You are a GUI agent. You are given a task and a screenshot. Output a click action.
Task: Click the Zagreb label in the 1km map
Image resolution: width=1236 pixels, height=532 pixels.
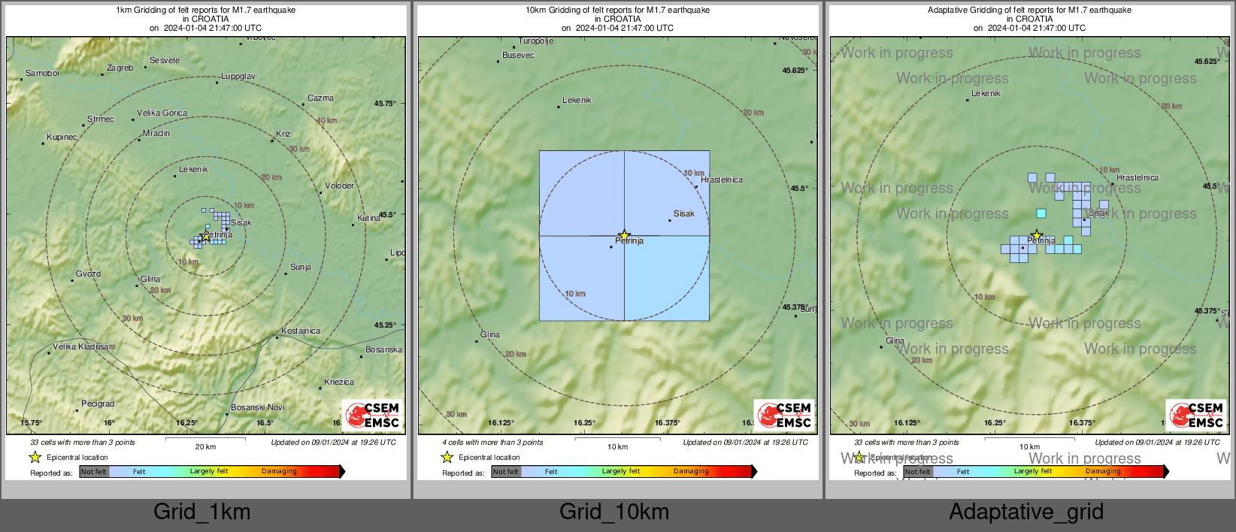(120, 68)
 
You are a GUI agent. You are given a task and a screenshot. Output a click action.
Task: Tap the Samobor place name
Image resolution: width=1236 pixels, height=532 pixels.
(43, 74)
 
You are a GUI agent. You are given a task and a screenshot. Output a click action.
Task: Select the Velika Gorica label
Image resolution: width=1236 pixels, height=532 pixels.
(162, 113)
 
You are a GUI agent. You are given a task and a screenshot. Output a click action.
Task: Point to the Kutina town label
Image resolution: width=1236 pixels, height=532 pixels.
(368, 219)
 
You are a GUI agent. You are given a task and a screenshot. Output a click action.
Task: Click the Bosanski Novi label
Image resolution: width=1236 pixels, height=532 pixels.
(257, 407)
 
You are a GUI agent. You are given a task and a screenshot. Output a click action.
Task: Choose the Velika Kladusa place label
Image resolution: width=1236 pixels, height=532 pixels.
(83, 347)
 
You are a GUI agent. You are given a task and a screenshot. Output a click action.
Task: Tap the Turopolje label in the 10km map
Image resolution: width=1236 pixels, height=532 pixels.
(535, 41)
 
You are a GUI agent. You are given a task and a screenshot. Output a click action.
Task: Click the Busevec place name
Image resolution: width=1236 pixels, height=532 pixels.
(518, 55)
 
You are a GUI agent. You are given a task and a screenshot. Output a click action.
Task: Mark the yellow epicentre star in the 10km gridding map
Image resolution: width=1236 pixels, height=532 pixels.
(624, 235)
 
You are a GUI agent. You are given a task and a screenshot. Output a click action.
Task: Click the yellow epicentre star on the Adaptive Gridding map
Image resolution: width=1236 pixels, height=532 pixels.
(1036, 235)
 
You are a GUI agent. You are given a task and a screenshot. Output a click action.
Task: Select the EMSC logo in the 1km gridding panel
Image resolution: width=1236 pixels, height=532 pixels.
(372, 415)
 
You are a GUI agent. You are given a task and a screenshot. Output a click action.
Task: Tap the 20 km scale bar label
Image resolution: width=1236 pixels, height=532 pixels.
(205, 446)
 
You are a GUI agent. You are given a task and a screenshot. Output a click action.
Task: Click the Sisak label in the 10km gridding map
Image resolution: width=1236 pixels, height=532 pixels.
(683, 214)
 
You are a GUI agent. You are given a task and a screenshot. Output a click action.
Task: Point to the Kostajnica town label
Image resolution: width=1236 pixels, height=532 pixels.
(300, 331)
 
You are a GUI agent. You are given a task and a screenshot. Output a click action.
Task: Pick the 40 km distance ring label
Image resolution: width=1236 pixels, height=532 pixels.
(326, 121)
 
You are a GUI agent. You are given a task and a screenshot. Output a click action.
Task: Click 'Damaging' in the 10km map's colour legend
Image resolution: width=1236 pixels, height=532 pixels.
(691, 472)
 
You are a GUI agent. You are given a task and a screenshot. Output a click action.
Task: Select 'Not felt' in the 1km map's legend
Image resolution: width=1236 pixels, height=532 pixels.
(94, 472)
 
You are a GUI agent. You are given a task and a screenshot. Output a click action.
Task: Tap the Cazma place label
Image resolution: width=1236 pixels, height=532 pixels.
(320, 98)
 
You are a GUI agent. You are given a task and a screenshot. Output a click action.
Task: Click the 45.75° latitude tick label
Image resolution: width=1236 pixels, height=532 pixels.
(385, 104)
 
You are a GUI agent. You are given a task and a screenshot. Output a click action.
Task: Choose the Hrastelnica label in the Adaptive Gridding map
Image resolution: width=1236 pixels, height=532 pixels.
(1137, 178)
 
